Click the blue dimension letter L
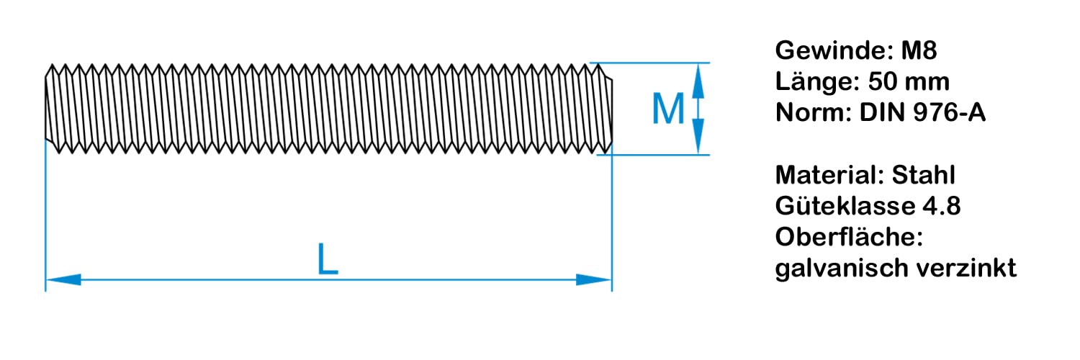[x=328, y=261]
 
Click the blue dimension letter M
[x=667, y=109]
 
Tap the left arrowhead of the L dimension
[x=63, y=279]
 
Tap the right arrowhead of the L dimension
[x=593, y=279]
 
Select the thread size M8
[x=919, y=52]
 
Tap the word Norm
[x=811, y=113]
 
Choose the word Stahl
[x=924, y=175]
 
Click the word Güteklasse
[x=843, y=206]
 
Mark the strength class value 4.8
[x=941, y=206]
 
